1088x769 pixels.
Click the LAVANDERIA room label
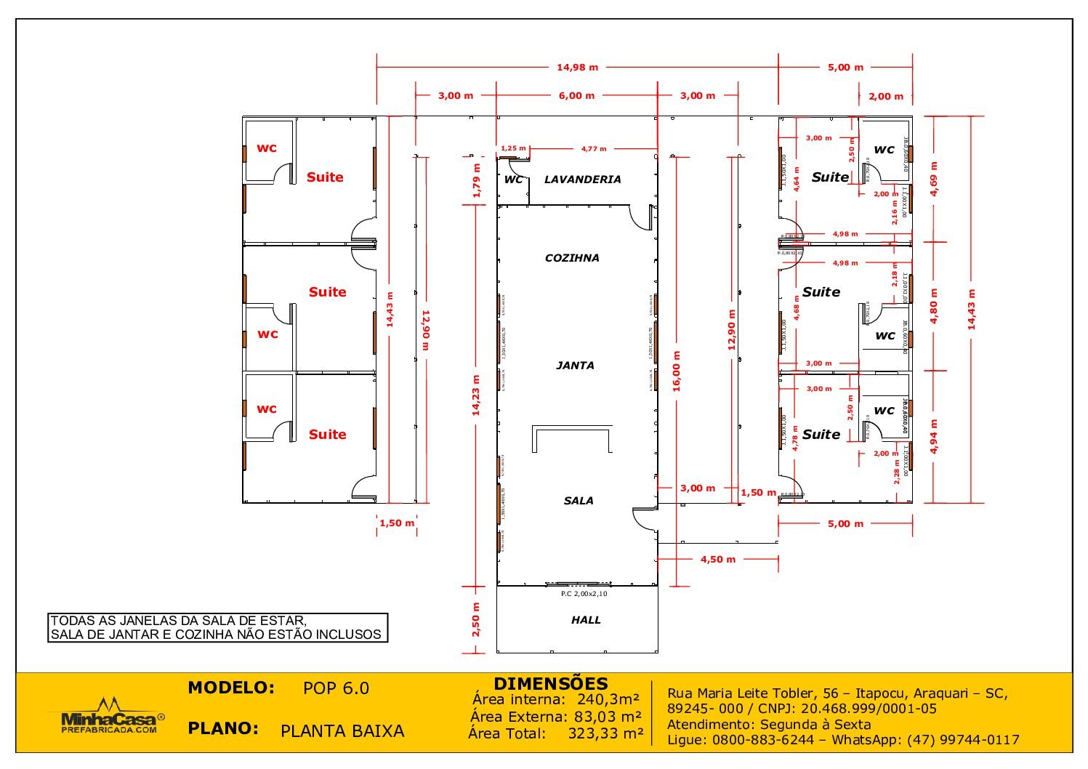click(x=582, y=180)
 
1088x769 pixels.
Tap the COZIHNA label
click(x=572, y=258)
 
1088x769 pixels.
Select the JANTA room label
click(x=575, y=366)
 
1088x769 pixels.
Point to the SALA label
click(x=579, y=501)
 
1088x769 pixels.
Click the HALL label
click(x=586, y=620)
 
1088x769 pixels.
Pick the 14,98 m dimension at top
click(x=577, y=68)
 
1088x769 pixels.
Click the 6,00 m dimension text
click(x=576, y=96)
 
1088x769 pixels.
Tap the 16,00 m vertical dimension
click(x=677, y=371)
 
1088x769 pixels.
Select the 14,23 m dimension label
click(x=476, y=395)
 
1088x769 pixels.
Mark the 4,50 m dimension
click(x=717, y=559)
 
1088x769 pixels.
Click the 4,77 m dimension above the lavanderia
click(x=593, y=149)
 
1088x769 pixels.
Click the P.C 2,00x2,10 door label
click(x=584, y=594)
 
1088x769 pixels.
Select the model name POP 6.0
click(x=336, y=688)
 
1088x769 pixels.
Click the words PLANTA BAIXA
click(x=342, y=731)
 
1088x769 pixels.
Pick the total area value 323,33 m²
click(x=605, y=733)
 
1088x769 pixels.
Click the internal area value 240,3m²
click(x=608, y=699)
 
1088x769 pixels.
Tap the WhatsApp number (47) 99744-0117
click(x=962, y=740)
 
